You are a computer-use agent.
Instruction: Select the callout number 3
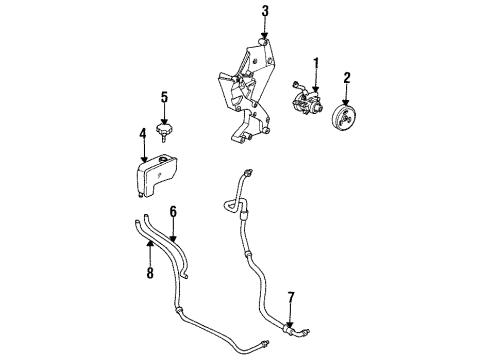pyautogui.click(x=265, y=12)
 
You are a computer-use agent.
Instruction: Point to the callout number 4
pyautogui.click(x=143, y=133)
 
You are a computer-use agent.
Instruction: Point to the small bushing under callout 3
pyautogui.click(x=265, y=41)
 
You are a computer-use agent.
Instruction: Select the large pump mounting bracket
pyautogui.click(x=244, y=100)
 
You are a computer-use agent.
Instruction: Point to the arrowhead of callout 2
pyautogui.click(x=348, y=96)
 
